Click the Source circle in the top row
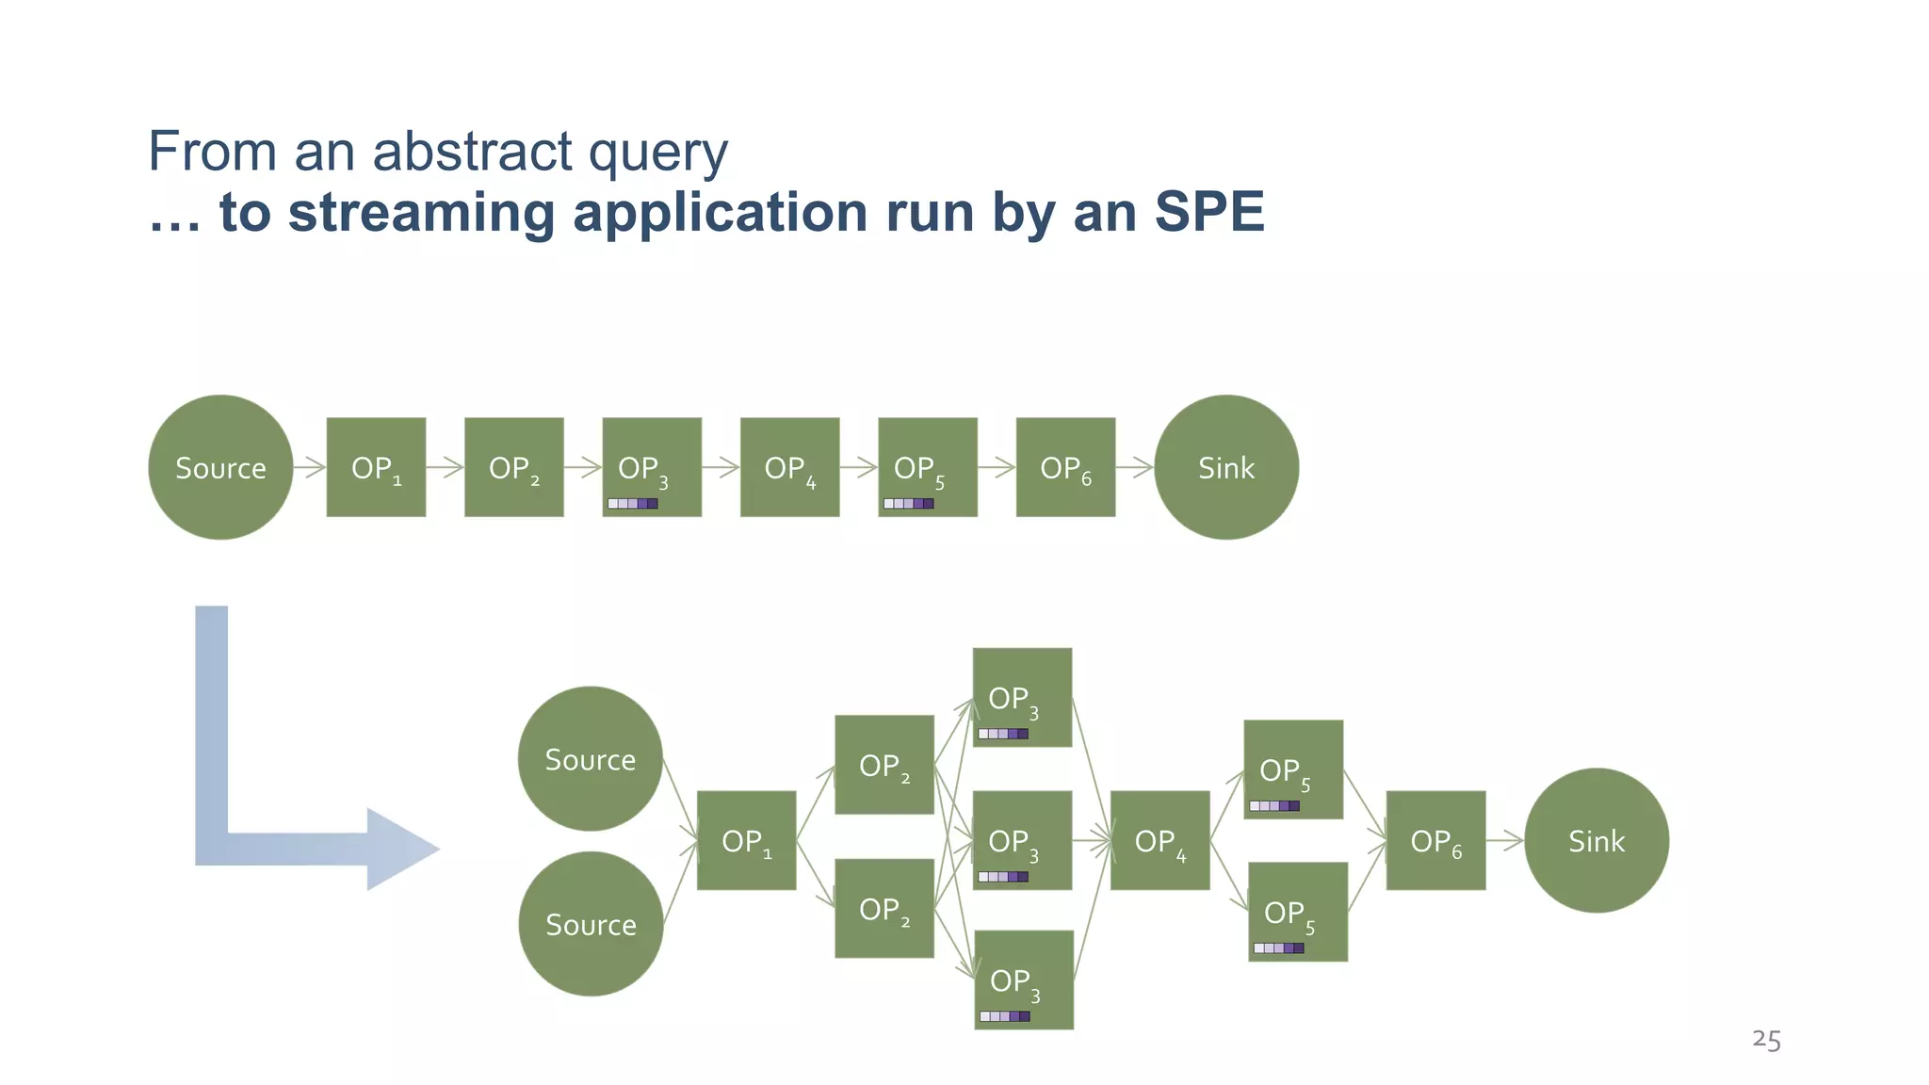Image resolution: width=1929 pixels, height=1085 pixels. (220, 467)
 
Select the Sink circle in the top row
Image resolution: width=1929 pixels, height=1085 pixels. (1226, 467)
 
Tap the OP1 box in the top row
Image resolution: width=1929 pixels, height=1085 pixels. (376, 467)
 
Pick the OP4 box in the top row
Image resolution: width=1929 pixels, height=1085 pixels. (789, 467)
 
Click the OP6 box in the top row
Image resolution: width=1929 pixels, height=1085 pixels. (1065, 467)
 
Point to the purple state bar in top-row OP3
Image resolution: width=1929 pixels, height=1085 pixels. (633, 504)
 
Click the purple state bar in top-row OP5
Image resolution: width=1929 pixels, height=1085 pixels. (909, 504)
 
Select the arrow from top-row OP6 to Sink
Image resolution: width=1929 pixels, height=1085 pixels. (1135, 467)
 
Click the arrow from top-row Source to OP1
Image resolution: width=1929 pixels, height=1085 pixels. (310, 467)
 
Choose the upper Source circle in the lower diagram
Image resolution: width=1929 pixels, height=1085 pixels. (591, 759)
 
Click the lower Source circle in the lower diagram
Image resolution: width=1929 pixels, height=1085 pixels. (591, 924)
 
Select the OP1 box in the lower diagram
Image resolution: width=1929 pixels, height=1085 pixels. (746, 840)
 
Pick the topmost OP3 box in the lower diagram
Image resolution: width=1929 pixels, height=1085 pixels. (1022, 697)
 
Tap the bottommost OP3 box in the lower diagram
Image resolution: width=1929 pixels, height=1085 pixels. (1024, 980)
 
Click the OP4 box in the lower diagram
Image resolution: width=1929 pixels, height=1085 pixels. (1159, 840)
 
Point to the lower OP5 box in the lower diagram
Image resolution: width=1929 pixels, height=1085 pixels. (1298, 912)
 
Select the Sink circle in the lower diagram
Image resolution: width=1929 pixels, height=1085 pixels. (1597, 840)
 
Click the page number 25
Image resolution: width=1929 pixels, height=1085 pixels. (1766, 1040)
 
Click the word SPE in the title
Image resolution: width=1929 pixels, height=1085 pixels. (1209, 212)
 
